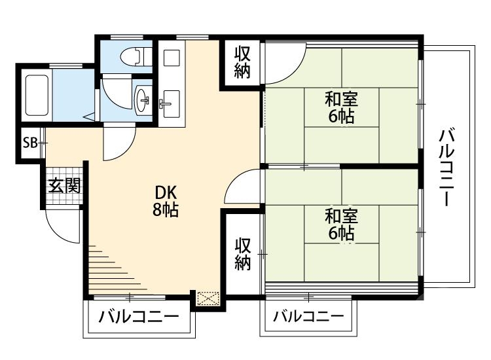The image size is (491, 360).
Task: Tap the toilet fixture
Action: tap(133, 56)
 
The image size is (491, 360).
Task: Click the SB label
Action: tap(30, 143)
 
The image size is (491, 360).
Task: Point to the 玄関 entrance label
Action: tap(64, 186)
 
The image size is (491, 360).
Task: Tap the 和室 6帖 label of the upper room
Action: tap(341, 109)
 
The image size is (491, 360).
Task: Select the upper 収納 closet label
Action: tap(243, 63)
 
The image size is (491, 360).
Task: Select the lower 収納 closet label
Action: tap(243, 254)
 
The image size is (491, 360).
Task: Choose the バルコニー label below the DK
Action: tap(139, 317)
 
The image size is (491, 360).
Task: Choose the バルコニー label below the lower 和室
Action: tap(308, 317)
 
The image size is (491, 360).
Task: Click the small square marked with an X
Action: tap(208, 298)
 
